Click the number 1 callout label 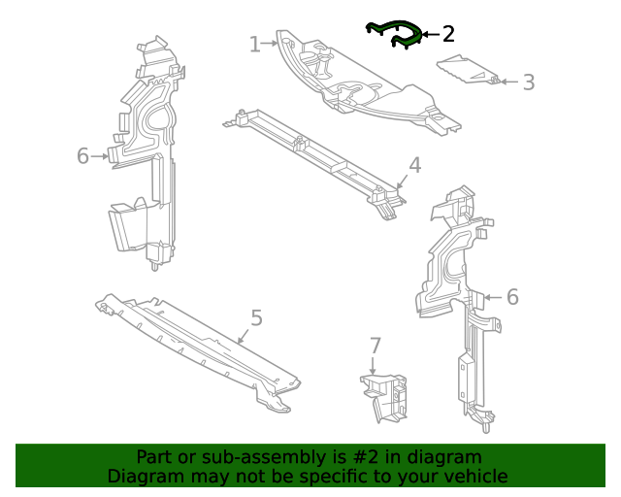pyautogui.click(x=255, y=44)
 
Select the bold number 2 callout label pyautogui.click(x=448, y=34)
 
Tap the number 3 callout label pyautogui.click(x=529, y=83)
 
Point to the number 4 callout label pyautogui.click(x=414, y=165)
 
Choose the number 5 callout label pyautogui.click(x=256, y=317)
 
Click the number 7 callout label pyautogui.click(x=375, y=346)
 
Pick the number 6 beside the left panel pyautogui.click(x=82, y=155)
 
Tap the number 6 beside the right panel pyautogui.click(x=512, y=297)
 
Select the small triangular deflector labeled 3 pyautogui.click(x=468, y=70)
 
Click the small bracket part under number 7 pyautogui.click(x=384, y=398)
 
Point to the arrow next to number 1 pyautogui.click(x=270, y=44)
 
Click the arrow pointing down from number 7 pyautogui.click(x=373, y=365)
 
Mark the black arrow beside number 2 pyautogui.click(x=431, y=35)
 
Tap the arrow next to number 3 pyautogui.click(x=509, y=83)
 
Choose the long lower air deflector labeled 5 pyautogui.click(x=198, y=352)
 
